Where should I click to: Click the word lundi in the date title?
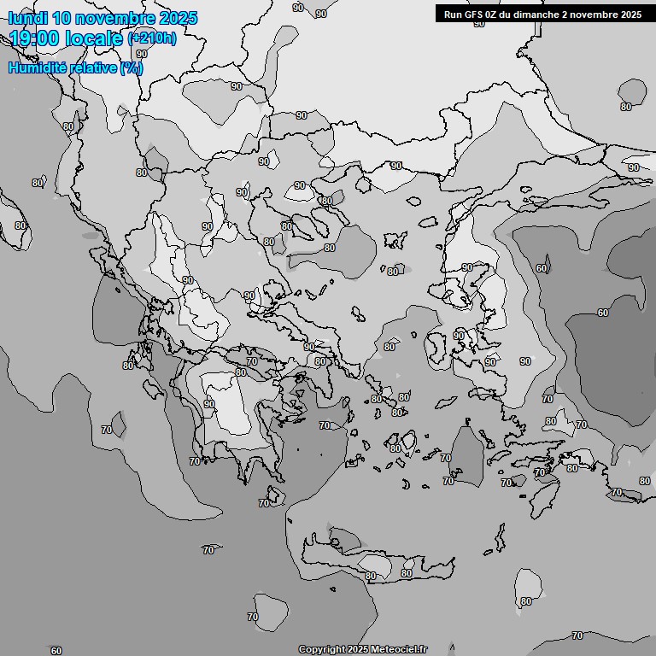pyautogui.click(x=27, y=18)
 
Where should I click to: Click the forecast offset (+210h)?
pyautogui.click(x=152, y=38)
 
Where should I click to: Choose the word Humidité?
pyautogui.click(x=38, y=67)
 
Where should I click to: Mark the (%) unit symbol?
pyautogui.click(x=132, y=67)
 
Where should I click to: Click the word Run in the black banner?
pyautogui.click(x=453, y=15)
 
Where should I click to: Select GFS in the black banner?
pyautogui.click(x=473, y=15)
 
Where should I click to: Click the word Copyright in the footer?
pyautogui.click(x=322, y=650)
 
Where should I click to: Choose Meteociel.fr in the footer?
pyautogui.click(x=400, y=650)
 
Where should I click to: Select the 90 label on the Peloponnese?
pyautogui.click(x=209, y=404)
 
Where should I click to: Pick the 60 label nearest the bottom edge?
pyautogui.click(x=56, y=651)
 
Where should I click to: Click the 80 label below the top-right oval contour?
pyautogui.click(x=626, y=107)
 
